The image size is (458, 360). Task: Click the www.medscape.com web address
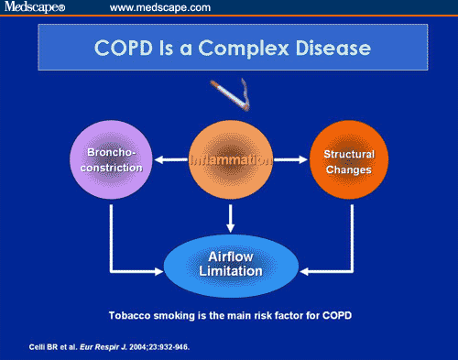pos(160,8)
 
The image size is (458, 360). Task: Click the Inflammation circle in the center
pos(231,160)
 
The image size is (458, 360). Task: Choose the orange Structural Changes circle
pos(349,160)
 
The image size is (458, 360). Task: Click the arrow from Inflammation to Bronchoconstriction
pos(168,161)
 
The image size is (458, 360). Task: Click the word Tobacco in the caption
pos(129,316)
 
